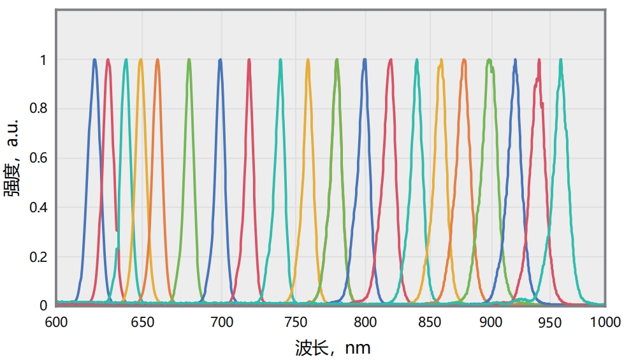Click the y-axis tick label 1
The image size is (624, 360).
pyautogui.click(x=43, y=60)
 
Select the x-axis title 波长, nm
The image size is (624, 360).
pyautogui.click(x=332, y=348)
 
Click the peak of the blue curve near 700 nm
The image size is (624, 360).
pyautogui.click(x=220, y=60)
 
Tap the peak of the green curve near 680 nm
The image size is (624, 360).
pyautogui.click(x=189, y=60)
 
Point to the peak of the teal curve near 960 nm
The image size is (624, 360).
pyautogui.click(x=561, y=60)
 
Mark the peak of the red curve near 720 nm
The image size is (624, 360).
pyautogui.click(x=249, y=60)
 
